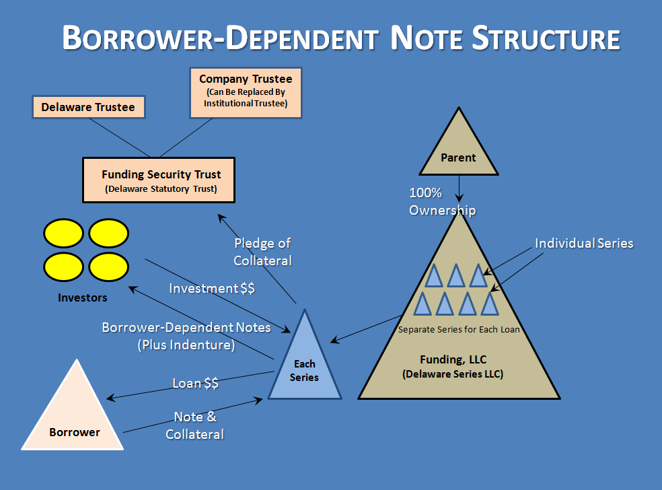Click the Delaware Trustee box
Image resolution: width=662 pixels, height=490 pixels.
point(88,107)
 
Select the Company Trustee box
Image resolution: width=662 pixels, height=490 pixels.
point(246,92)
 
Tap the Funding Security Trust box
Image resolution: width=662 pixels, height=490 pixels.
point(159,180)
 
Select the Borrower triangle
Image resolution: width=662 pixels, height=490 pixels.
point(74,417)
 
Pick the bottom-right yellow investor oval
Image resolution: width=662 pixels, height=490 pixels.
point(109,267)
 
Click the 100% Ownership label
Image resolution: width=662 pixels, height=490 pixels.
point(442,201)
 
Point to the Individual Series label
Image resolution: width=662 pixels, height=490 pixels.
point(584,243)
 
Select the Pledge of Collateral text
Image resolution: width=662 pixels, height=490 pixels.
point(262,252)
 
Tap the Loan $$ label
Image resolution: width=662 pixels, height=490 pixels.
point(196,383)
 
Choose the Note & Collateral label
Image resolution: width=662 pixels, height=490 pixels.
point(195,425)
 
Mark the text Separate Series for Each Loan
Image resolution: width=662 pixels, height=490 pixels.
point(459,329)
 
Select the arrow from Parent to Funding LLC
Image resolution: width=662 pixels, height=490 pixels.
point(459,188)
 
